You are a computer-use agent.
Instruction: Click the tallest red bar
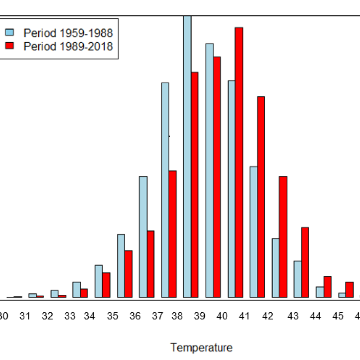[239, 162]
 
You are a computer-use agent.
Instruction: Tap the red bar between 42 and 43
[283, 237]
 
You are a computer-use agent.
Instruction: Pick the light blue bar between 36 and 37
[143, 237]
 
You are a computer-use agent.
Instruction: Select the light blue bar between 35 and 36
[121, 265]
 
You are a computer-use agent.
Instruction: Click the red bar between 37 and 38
[172, 234]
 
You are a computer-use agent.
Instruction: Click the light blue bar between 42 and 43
[275, 268]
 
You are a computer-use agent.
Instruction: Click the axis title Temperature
[202, 347]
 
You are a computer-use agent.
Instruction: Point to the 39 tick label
[200, 316]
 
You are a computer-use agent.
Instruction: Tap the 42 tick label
[268, 316]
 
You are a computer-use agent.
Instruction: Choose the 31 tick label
[25, 316]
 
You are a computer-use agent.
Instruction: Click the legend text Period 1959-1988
[68, 33]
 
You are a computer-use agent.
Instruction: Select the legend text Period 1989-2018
[68, 46]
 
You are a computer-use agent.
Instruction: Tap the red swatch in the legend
[10, 45]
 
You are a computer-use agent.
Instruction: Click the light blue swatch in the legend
[10, 32]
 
